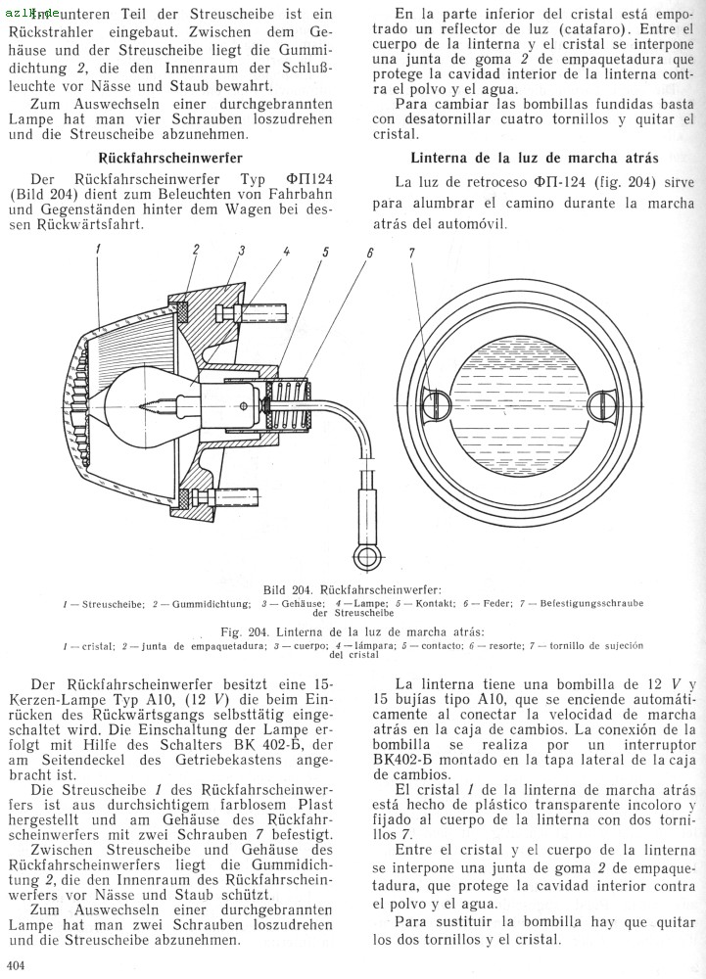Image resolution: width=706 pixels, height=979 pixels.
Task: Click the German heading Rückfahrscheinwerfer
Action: [171, 157]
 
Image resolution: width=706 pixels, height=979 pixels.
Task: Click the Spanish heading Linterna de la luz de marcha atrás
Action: [534, 157]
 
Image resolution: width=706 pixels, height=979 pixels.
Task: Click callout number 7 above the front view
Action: [412, 254]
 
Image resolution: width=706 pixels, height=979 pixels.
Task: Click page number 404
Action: [15, 967]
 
